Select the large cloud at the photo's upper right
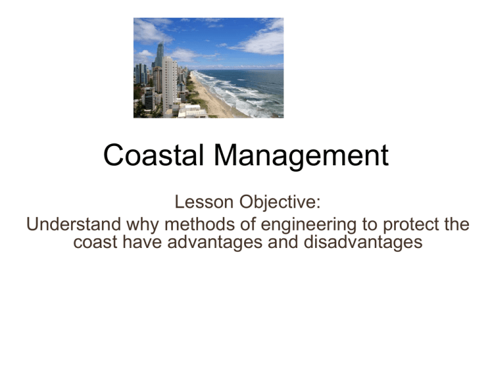tap(259, 35)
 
